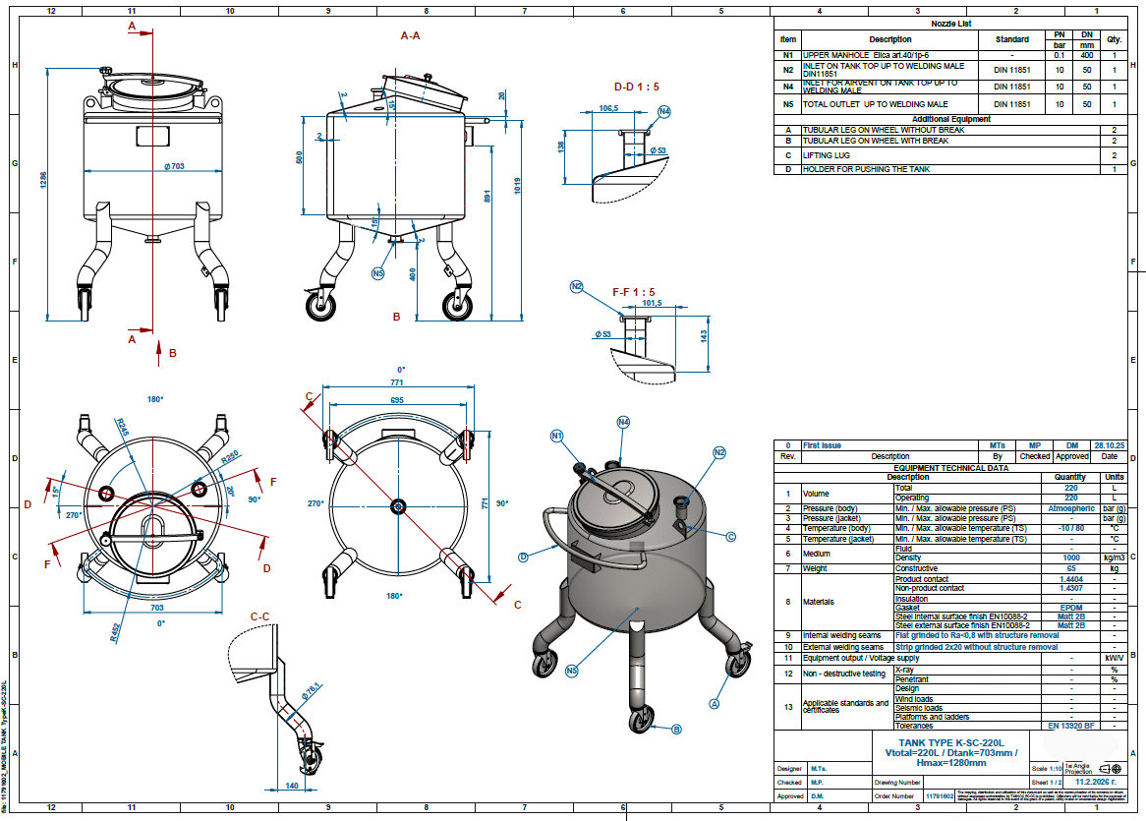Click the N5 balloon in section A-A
click(378, 273)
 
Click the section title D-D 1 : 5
click(637, 87)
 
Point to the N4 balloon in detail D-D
click(664, 112)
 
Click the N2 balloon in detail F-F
click(577, 287)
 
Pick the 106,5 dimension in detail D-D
click(608, 108)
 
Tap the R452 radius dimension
click(120, 632)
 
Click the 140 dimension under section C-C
click(291, 786)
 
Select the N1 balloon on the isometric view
click(557, 436)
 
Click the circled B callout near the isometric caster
click(676, 730)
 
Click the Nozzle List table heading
click(950, 23)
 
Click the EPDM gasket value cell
click(1070, 608)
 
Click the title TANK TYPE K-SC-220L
click(951, 742)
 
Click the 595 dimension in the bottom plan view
click(396, 401)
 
